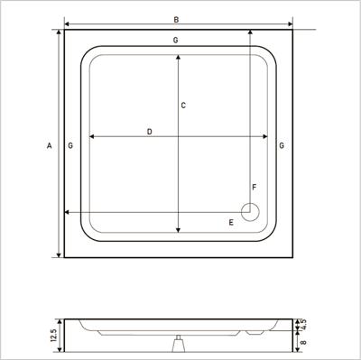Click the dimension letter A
coord(50,146)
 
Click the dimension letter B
coord(176,20)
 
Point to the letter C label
coord(183,106)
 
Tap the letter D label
coord(150,132)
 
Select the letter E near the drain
coord(231,223)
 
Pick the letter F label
coord(255,188)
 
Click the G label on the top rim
coord(176,40)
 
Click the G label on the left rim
coord(70,146)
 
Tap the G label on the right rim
coord(282,146)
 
